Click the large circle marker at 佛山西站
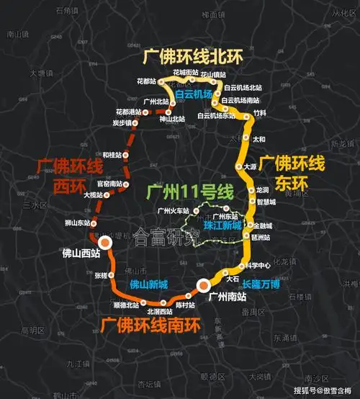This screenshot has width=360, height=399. tap(106, 243)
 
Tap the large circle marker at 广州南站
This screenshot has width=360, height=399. tap(204, 287)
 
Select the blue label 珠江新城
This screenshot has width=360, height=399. tap(222, 225)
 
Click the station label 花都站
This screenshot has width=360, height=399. tap(146, 81)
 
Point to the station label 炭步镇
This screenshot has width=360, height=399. tap(124, 123)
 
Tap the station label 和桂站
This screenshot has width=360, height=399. tap(112, 155)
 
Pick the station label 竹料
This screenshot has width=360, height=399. tap(260, 114)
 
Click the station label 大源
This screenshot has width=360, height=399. tap(250, 166)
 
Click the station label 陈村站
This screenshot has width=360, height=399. tap(185, 305)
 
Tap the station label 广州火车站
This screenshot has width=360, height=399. tap(173, 210)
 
